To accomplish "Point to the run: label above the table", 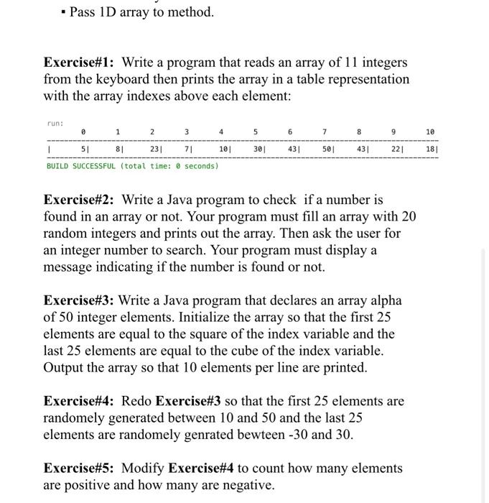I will pos(55,123).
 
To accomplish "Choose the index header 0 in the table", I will pos(84,132).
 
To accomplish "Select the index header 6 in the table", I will pos(290,132).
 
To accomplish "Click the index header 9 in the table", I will pos(393,132).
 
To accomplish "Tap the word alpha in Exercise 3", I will pos(385,300).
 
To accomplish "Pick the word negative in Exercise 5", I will pos(245,485).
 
